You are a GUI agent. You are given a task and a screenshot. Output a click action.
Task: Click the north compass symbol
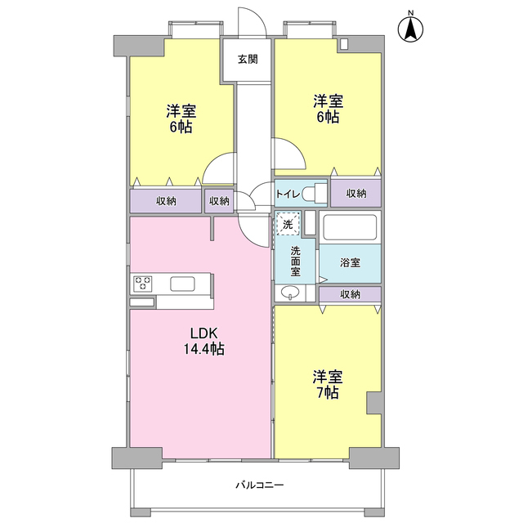point(411,29)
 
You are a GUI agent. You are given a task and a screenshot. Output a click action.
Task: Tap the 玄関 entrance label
point(248,59)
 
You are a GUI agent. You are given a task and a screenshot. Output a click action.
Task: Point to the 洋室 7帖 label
point(327,385)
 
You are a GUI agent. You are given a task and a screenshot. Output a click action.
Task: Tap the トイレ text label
point(287,194)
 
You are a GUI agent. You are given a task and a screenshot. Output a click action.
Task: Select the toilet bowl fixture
point(314,194)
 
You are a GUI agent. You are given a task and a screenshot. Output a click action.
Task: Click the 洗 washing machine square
point(288,222)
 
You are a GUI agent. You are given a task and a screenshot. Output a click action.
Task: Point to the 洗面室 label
point(295,260)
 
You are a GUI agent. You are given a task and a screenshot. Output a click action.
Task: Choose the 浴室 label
point(350,262)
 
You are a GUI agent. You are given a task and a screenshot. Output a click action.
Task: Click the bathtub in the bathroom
point(349,226)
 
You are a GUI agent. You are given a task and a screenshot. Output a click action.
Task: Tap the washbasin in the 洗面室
point(289,293)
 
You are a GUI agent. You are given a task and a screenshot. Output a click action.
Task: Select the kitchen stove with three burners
point(143,284)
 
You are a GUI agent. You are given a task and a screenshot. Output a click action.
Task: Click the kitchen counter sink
point(183,284)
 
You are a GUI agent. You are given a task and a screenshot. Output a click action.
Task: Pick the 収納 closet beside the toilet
point(356,194)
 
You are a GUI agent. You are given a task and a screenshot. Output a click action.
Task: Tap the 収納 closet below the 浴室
point(350,294)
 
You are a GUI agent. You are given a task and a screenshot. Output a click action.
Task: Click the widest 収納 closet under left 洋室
point(166,201)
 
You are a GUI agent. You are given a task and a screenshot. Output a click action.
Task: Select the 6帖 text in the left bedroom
point(181,127)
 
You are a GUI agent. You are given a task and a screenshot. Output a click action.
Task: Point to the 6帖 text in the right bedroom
point(328,117)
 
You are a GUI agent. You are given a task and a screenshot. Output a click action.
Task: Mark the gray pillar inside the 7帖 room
point(373,402)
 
